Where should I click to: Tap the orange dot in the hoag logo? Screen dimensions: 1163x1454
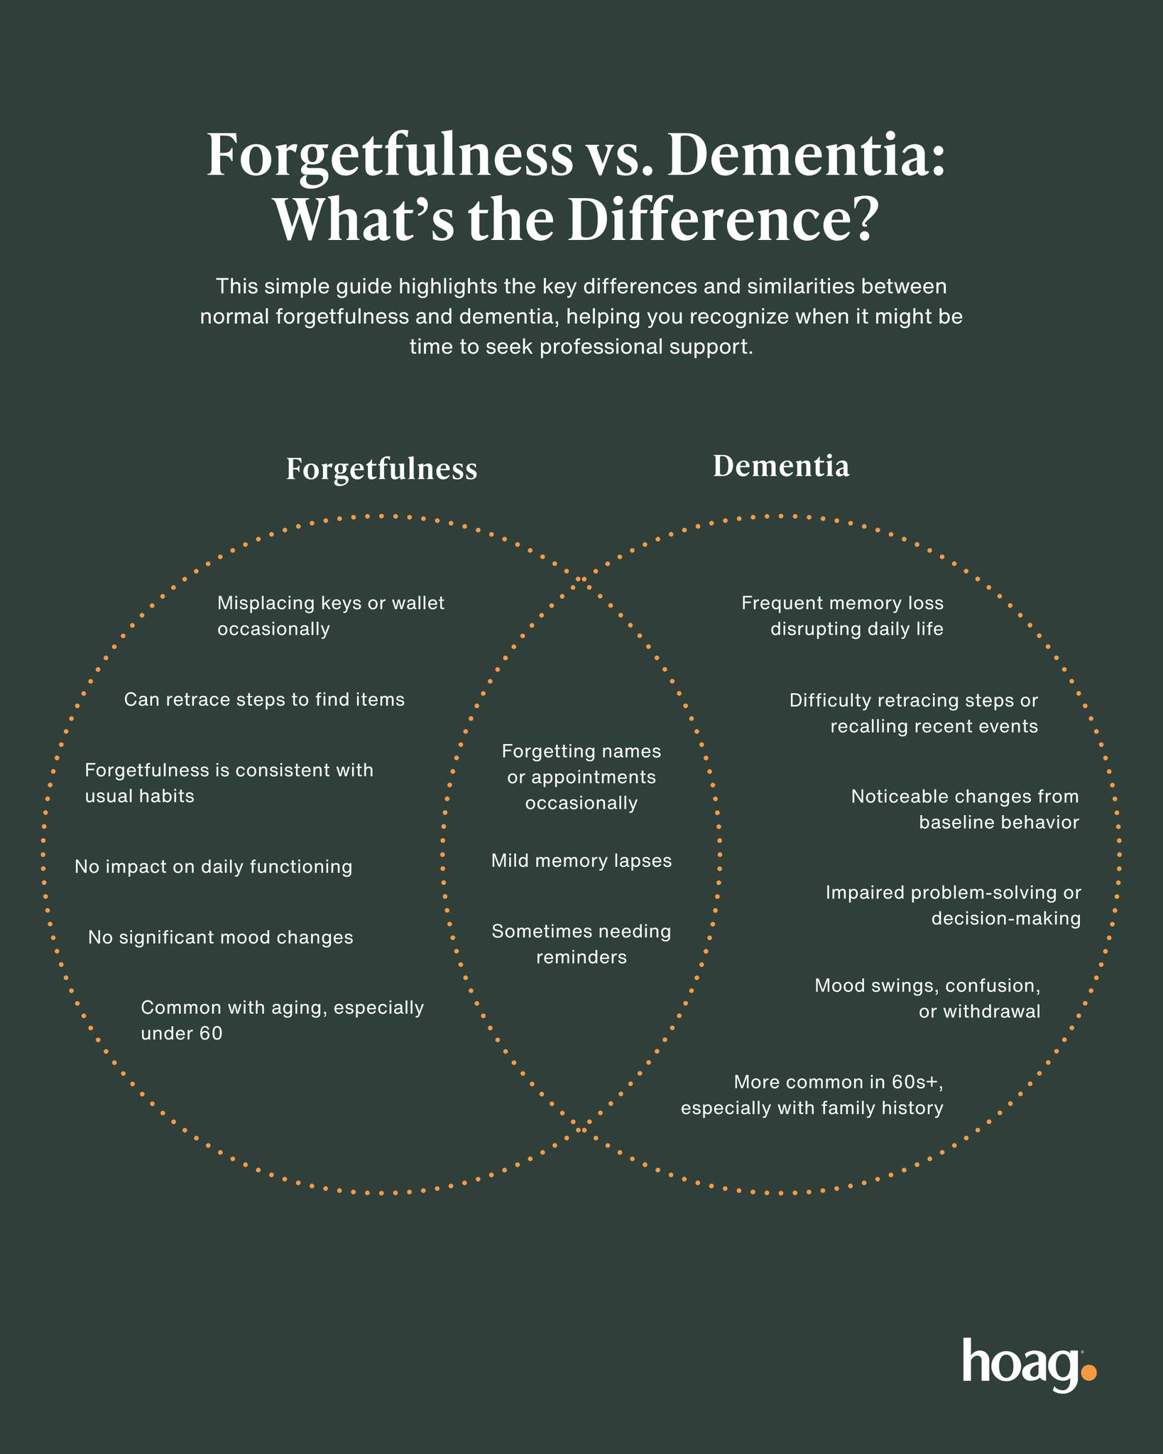(x=1088, y=1372)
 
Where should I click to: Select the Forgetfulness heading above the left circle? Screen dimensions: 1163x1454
(x=381, y=469)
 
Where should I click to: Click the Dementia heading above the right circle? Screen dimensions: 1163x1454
(x=781, y=466)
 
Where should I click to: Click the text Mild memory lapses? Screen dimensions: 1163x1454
(x=581, y=861)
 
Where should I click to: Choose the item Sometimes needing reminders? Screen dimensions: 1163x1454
(x=581, y=944)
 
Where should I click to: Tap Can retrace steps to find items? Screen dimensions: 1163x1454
(x=264, y=700)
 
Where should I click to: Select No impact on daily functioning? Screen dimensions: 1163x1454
(x=214, y=867)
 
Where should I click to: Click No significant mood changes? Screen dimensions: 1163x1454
(x=221, y=938)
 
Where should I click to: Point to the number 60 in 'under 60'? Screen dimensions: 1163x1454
(x=211, y=1034)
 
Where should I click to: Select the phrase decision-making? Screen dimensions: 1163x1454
(x=1006, y=919)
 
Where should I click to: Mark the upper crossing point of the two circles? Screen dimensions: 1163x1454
(x=581, y=580)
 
